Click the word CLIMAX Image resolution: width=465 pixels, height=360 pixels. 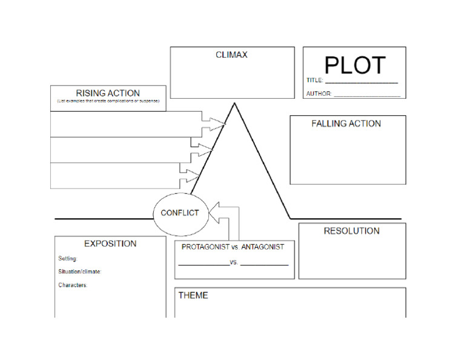231,55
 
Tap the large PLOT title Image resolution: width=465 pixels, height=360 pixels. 354,65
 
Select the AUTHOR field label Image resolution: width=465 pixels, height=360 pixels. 318,94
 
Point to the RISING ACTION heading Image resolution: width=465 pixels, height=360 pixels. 108,93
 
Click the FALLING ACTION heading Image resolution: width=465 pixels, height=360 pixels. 346,124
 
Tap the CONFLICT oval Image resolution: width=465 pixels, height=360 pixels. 180,213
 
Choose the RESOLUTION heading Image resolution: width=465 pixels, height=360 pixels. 351,231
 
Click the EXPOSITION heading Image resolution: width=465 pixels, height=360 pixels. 110,244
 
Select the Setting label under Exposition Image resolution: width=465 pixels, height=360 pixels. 68,259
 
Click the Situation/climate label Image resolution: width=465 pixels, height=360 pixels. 80,272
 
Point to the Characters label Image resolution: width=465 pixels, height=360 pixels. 73,285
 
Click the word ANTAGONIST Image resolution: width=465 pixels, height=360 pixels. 262,247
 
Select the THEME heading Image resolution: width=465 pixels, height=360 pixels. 193,296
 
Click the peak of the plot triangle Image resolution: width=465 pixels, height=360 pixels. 234,104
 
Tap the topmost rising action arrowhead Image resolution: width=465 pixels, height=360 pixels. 220,123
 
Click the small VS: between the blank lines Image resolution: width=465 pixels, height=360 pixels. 235,263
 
